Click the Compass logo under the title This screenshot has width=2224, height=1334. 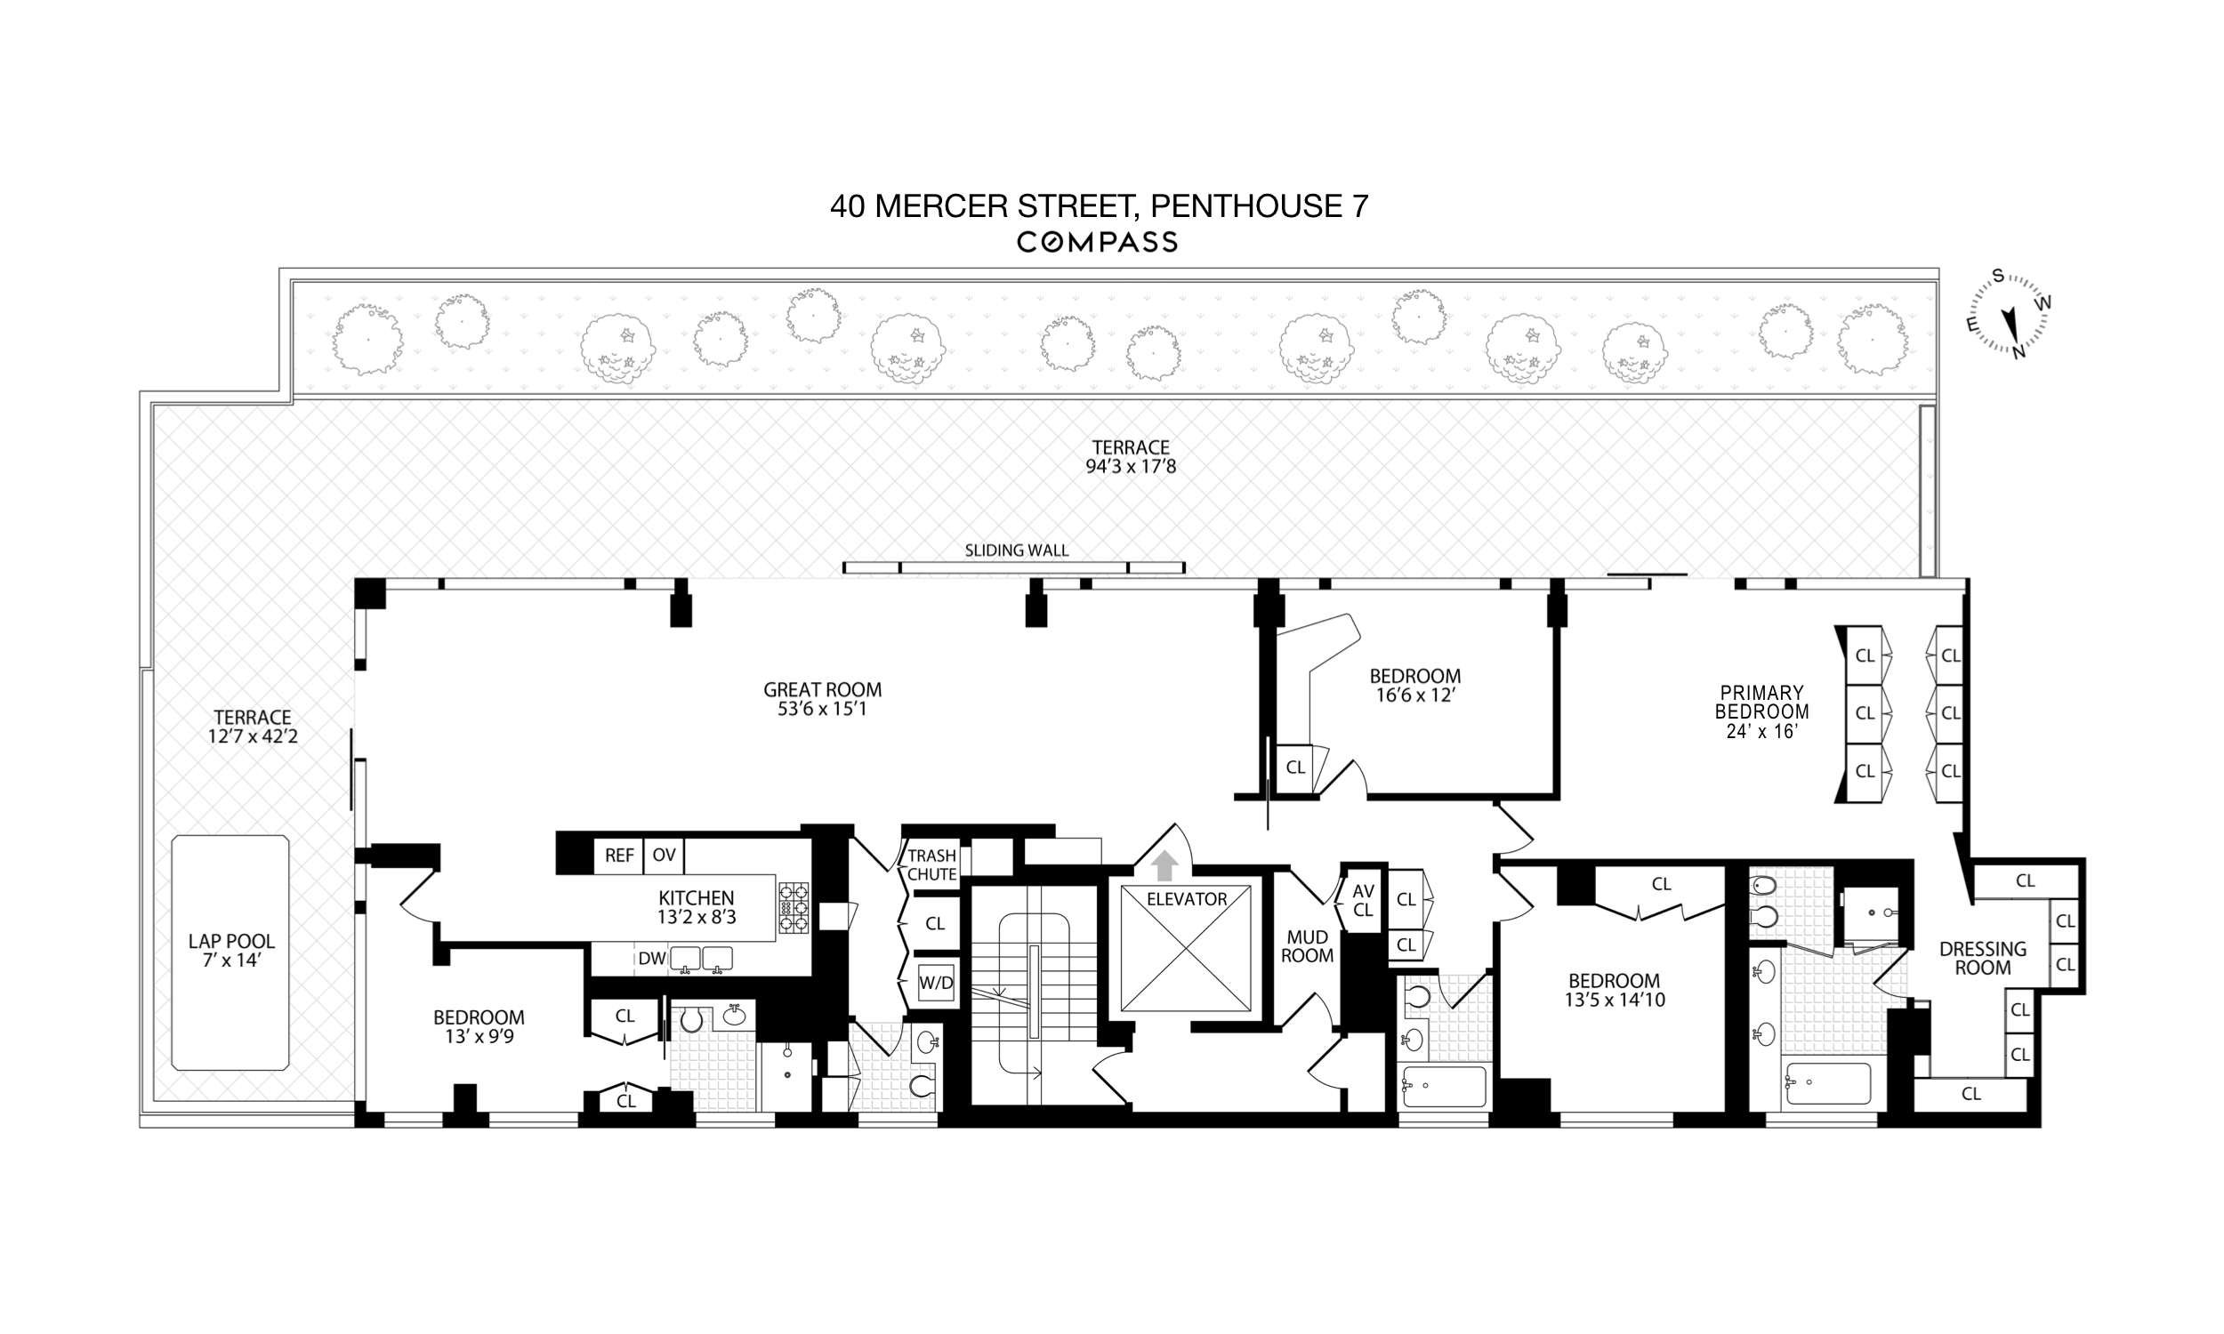(x=1097, y=242)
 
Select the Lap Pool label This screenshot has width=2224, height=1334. (x=231, y=951)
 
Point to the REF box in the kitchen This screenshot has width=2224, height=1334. (x=618, y=856)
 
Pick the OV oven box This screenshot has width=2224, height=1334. (x=665, y=856)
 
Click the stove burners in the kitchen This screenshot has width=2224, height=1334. (x=793, y=908)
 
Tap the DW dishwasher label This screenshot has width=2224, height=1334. (x=652, y=958)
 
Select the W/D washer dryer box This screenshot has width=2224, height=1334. (x=935, y=983)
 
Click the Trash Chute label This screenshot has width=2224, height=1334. (x=931, y=864)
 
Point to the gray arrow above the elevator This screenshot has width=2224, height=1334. (x=1164, y=865)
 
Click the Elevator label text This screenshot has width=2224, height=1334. (x=1187, y=899)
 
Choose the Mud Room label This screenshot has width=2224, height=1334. (x=1307, y=946)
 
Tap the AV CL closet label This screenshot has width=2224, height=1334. (x=1363, y=900)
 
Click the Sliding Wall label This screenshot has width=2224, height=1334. (x=1017, y=550)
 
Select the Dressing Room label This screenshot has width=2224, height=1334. (x=1983, y=958)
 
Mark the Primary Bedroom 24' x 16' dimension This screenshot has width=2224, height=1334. (x=1761, y=732)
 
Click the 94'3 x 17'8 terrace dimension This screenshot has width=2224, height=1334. (x=1131, y=467)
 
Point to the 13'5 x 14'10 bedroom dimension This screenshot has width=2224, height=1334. (x=1615, y=1000)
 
